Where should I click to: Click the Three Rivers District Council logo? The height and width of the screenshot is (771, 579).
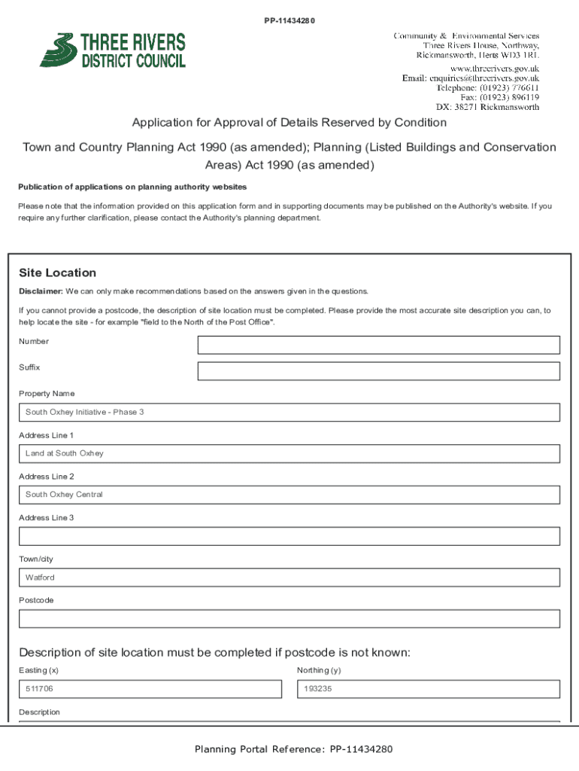click(113, 50)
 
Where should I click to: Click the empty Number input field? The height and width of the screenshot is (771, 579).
click(378, 345)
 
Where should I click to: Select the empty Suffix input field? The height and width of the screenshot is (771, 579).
click(378, 371)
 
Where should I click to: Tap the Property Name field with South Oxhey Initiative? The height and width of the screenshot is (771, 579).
click(289, 413)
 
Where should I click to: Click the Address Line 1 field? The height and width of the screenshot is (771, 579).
click(289, 453)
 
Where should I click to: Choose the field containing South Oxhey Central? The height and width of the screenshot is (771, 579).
click(289, 495)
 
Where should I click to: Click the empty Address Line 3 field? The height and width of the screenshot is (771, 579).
click(289, 536)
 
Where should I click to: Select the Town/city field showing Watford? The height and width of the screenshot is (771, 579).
click(289, 577)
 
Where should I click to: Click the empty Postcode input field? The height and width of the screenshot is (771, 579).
click(289, 619)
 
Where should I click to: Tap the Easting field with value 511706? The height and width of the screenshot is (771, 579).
click(150, 689)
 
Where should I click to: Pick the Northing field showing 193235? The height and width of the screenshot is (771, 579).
click(428, 689)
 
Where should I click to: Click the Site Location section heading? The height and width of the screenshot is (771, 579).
click(57, 273)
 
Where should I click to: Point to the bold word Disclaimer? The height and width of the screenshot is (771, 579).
click(41, 291)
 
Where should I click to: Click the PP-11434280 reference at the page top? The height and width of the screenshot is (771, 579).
click(289, 20)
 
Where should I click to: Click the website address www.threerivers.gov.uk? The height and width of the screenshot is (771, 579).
click(494, 69)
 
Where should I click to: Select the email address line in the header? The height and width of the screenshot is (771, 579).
click(470, 78)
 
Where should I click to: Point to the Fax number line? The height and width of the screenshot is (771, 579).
click(499, 97)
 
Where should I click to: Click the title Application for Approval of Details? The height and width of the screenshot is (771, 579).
click(289, 123)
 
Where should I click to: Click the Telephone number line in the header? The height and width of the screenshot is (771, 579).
click(487, 88)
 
